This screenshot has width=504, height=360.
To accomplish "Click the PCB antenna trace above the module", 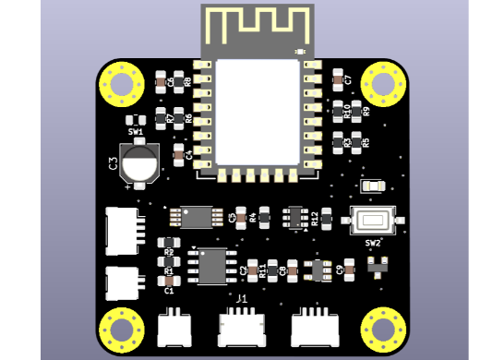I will click(257, 24).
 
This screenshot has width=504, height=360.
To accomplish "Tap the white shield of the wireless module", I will click(258, 112).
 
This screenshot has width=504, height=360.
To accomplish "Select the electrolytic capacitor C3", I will click(139, 163).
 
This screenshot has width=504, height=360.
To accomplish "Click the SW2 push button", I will click(373, 221).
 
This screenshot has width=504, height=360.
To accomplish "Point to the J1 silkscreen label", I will click(242, 299).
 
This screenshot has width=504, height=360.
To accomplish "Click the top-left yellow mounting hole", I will click(122, 84).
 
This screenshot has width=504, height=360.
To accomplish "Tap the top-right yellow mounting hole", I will click(382, 84).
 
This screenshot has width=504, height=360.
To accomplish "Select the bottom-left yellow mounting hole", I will click(122, 328).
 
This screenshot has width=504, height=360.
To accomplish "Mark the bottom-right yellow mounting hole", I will click(382, 328).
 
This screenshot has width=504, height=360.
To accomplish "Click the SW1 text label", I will click(136, 132).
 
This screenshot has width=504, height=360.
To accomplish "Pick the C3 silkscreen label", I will click(113, 163).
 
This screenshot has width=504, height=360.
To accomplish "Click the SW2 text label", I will click(372, 243).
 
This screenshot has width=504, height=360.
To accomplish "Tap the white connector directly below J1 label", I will click(242, 327).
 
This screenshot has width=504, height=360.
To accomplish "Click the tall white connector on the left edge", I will click(122, 231).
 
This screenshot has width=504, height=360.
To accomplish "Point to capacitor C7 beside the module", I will click(337, 80).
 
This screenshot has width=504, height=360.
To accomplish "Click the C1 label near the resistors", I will click(169, 291).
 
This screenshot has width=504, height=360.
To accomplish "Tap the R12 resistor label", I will click(315, 218).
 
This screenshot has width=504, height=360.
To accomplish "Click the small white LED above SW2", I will click(373, 186).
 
